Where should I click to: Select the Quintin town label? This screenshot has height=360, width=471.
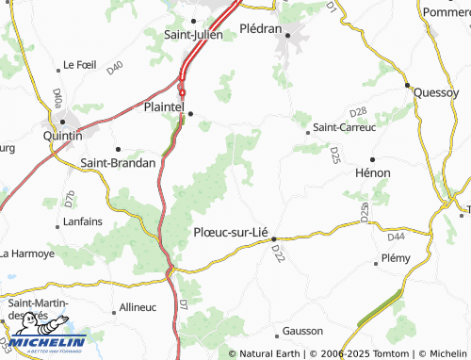pyautogui.click(x=63, y=136)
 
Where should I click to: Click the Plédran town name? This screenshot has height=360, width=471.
pyautogui.click(x=261, y=28)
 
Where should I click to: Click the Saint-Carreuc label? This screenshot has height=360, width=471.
pyautogui.click(x=344, y=126)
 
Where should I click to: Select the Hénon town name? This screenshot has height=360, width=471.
pyautogui.click(x=372, y=173)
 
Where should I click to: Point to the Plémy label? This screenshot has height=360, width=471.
pyautogui.click(x=396, y=257)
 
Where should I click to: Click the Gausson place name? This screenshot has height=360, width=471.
pyautogui.click(x=302, y=331)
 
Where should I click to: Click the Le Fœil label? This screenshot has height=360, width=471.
pyautogui.click(x=79, y=65)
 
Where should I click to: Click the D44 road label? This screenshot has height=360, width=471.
pyautogui.click(x=396, y=236)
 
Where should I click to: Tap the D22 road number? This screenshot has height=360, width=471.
pyautogui.click(x=278, y=254)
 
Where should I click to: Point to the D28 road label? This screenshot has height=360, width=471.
pyautogui.click(x=357, y=111)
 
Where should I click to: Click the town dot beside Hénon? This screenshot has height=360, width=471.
pyautogui.click(x=372, y=159)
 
